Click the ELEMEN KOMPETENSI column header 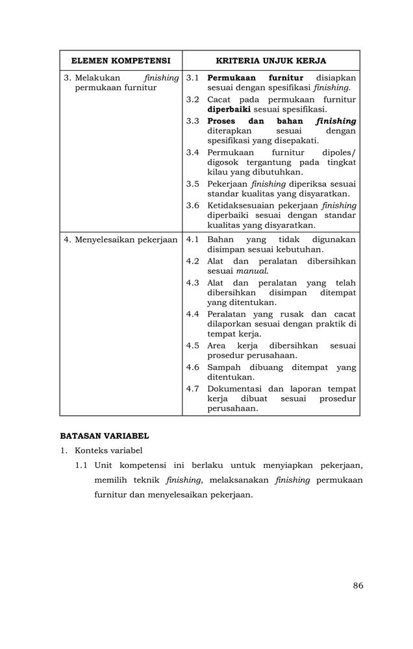[x=121, y=60]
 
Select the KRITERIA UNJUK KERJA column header [x=271, y=60]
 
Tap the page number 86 [x=358, y=585]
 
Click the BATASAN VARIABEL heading [x=105, y=436]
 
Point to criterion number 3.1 [x=192, y=78]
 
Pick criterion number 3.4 [x=192, y=153]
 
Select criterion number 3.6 [x=192, y=206]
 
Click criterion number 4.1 [x=192, y=239]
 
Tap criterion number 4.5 [x=192, y=346]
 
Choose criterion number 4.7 [x=192, y=389]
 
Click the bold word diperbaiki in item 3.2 [x=229, y=110]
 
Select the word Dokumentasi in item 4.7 [x=236, y=389]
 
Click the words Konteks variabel [x=108, y=450]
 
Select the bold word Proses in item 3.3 [x=221, y=121]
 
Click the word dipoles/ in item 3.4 [x=339, y=153]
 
